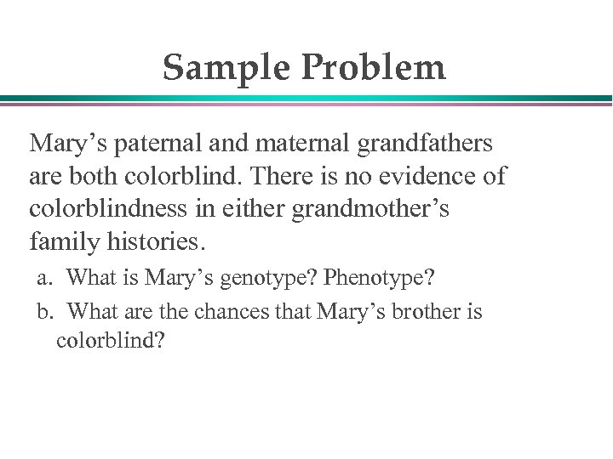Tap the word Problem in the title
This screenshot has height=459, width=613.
[x=373, y=68]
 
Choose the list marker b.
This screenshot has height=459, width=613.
[x=46, y=312]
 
